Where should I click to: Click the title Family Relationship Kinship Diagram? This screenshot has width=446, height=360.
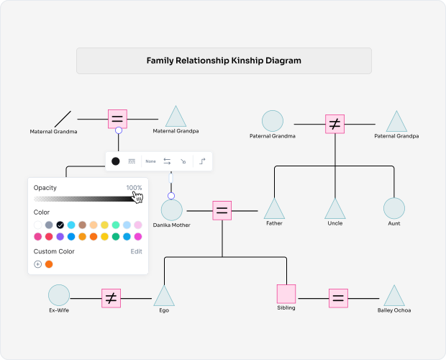224,61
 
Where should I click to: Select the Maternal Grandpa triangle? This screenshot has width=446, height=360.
176,118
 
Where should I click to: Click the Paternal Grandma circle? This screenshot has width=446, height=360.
272,121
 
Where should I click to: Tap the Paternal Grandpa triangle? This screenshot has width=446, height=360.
396,122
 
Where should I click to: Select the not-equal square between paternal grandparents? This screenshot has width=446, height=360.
334,124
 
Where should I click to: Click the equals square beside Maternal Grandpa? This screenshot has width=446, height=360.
118,119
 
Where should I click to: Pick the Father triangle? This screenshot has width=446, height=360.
274,210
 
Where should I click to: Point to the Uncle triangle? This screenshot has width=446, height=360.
334,210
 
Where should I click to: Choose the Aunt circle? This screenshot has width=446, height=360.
393,208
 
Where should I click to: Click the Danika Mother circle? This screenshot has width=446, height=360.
171,210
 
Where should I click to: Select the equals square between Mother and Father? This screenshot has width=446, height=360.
222,211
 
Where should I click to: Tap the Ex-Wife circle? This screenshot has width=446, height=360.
59,295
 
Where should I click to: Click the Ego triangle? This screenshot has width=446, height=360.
164,297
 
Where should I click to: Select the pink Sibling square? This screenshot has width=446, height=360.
286,294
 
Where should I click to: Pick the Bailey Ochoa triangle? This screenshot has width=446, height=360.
393,297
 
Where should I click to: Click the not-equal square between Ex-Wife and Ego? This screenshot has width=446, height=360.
110,297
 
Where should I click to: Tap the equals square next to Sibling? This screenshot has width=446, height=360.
339,297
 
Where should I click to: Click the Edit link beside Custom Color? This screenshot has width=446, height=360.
136,251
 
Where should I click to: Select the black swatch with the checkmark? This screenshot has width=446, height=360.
60,225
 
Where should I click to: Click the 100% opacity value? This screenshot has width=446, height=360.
134,188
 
